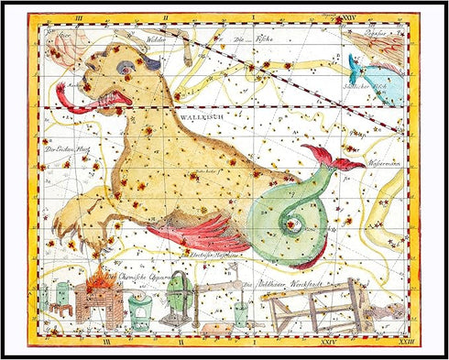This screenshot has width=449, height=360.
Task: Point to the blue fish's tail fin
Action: (355, 63)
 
